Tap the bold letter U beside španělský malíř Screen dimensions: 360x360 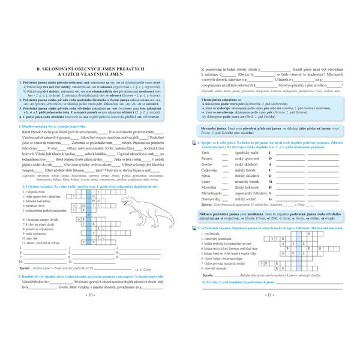tap(271, 152)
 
